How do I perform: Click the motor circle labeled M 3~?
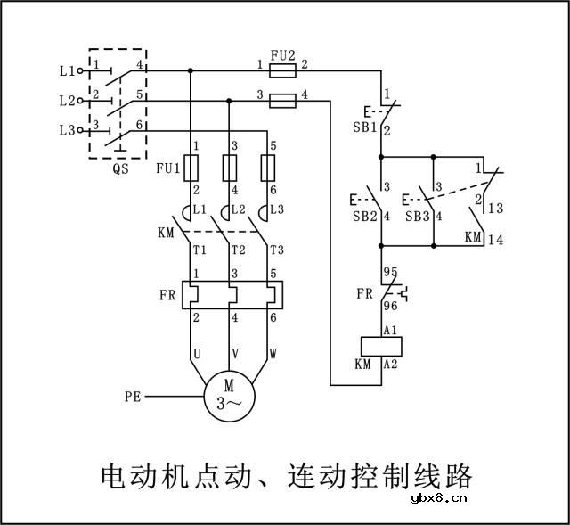click(229, 394)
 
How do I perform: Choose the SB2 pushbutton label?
click(363, 217)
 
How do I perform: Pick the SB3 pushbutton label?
click(416, 217)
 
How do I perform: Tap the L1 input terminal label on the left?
click(66, 70)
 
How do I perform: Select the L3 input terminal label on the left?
click(66, 130)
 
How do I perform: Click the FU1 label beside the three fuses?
click(167, 168)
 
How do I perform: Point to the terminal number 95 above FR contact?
click(390, 270)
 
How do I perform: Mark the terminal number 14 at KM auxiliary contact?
click(496, 240)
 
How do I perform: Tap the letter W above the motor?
click(273, 354)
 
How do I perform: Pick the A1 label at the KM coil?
click(389, 330)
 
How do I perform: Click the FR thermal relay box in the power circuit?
click(231, 295)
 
